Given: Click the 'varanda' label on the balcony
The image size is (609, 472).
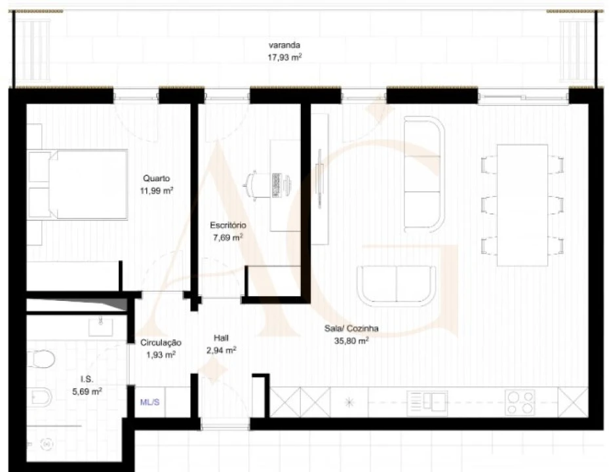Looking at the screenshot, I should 285,45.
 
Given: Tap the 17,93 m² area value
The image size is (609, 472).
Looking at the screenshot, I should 285,57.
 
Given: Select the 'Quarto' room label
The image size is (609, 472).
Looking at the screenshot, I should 157,178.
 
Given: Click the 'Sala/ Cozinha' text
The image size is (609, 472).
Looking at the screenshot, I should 351,329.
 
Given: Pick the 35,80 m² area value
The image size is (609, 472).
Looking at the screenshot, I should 351,341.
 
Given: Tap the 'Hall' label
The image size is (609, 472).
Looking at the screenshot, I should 221,338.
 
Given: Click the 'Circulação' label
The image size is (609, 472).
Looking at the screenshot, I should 161,343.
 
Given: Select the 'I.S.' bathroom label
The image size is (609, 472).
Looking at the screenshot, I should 86,380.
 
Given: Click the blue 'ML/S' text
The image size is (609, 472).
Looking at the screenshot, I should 150,403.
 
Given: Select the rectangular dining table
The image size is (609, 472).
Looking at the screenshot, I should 522,205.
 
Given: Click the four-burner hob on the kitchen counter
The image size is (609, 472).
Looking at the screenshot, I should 519,402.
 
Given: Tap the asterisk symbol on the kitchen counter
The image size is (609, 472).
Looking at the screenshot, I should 349,402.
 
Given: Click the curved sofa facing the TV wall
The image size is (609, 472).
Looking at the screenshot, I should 423,174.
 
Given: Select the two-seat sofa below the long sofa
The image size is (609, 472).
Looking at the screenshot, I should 396,285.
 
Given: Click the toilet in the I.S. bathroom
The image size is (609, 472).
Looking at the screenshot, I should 43,359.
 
